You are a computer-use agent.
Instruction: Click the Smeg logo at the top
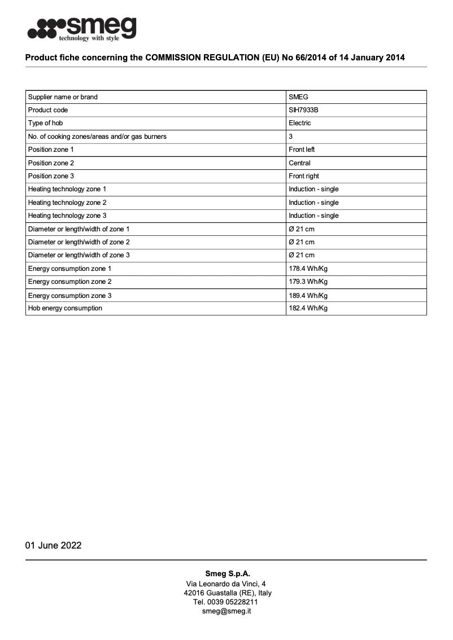(x=82, y=29)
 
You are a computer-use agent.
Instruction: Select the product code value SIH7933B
(x=303, y=110)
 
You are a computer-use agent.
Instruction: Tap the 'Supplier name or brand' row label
(x=63, y=97)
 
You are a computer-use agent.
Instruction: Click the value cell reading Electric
(x=300, y=123)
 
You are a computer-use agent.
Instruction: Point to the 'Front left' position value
(x=302, y=150)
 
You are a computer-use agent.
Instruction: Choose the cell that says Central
(x=299, y=163)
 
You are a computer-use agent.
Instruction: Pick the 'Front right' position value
(x=304, y=176)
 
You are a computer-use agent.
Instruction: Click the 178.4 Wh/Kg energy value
(x=308, y=269)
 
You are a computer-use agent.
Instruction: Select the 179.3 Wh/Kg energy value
(x=308, y=282)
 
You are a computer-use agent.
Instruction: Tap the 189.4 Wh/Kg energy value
(x=308, y=295)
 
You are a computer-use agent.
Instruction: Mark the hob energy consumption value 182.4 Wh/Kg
(x=308, y=308)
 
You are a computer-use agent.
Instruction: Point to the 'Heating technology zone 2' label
(x=67, y=203)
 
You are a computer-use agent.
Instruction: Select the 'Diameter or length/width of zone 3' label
(x=79, y=255)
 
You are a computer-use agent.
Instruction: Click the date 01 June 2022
(x=53, y=545)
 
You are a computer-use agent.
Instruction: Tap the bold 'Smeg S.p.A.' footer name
(x=227, y=574)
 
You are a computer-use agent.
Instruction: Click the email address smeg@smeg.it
(x=226, y=611)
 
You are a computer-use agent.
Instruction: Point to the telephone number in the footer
(x=226, y=602)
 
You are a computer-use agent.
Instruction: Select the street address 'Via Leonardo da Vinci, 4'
(x=226, y=584)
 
